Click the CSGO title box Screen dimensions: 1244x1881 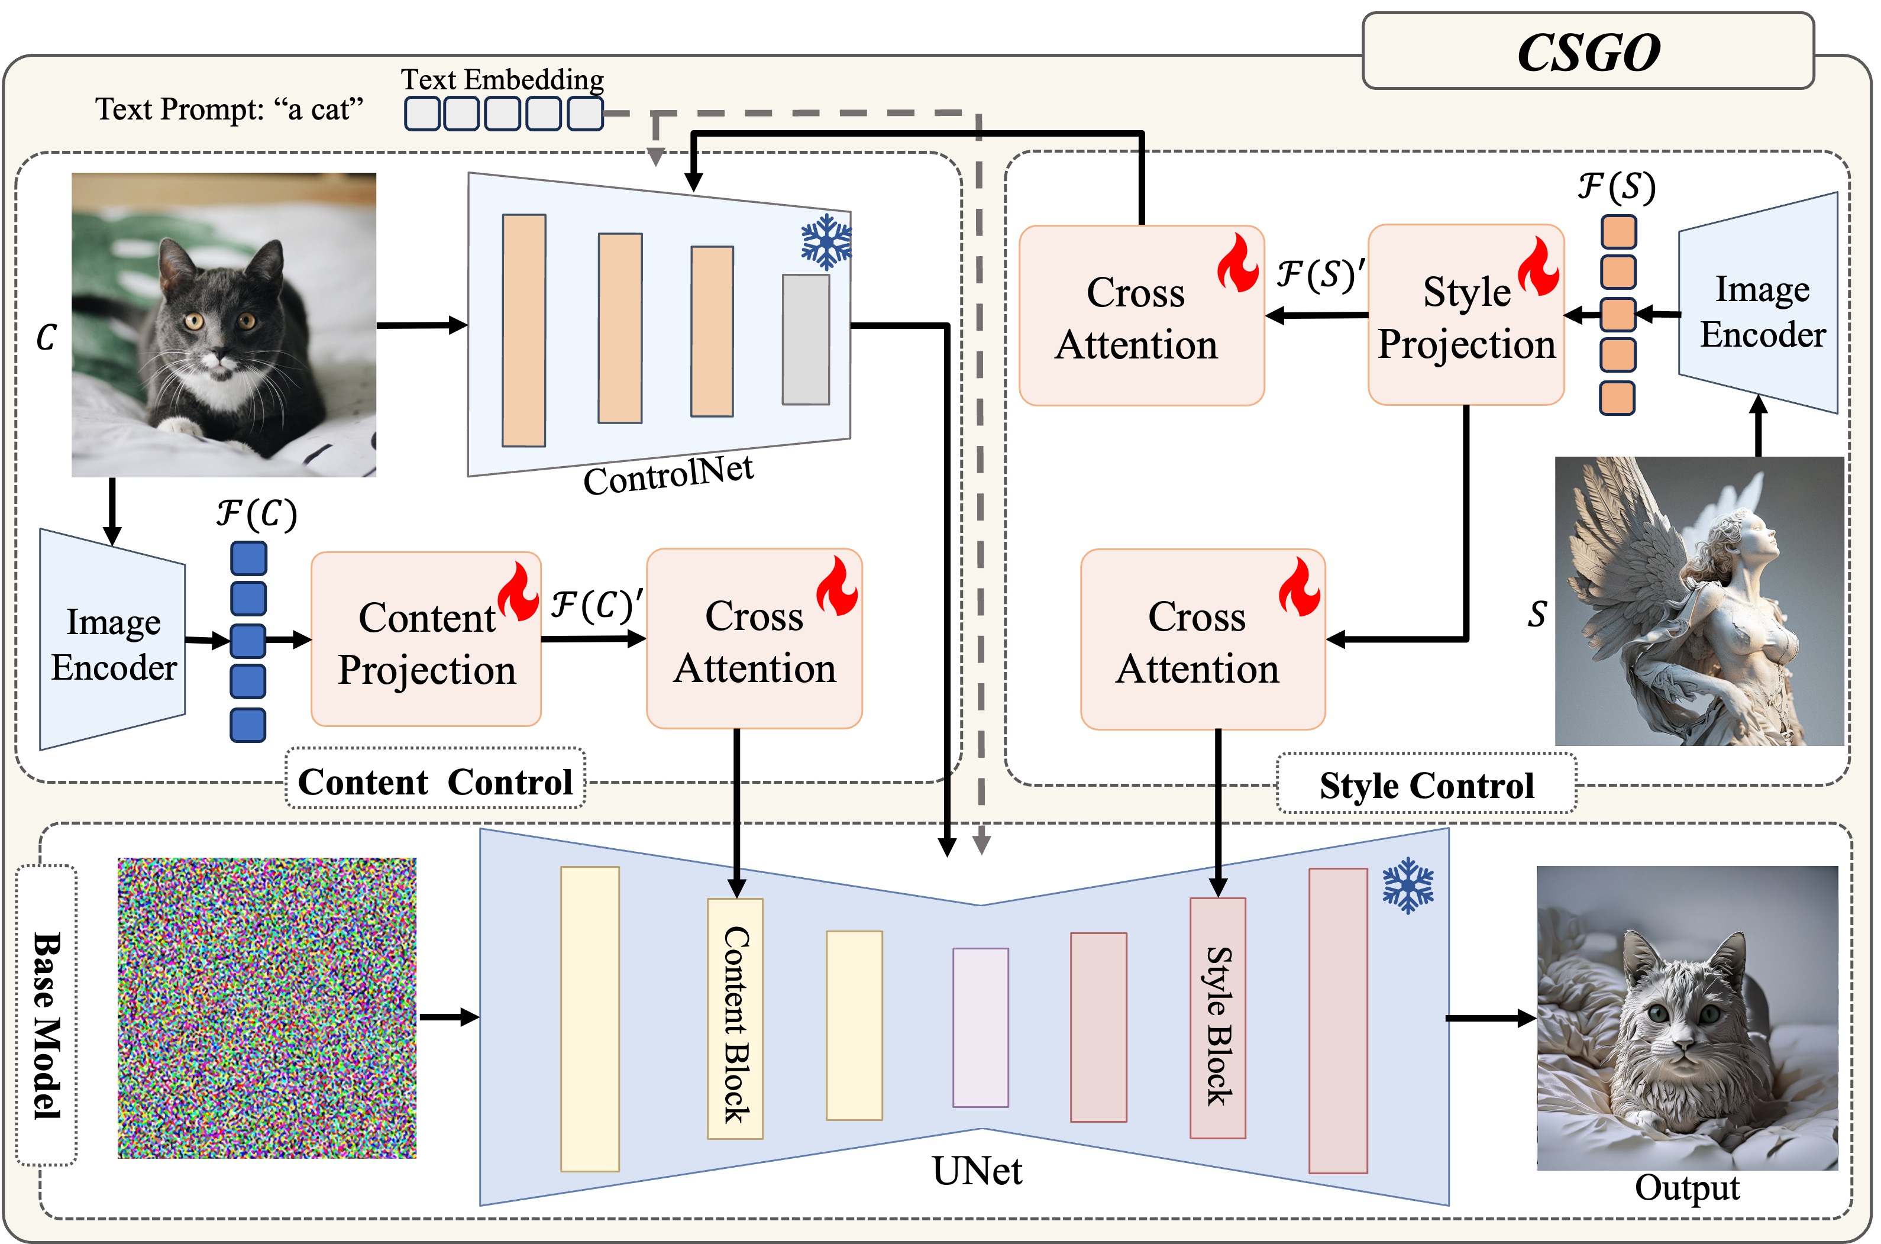(1588, 51)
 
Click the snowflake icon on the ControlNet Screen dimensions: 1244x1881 (826, 241)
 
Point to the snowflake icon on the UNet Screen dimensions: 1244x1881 (1408, 886)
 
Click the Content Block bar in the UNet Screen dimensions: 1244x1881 (735, 1019)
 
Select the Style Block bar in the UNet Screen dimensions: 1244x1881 (1218, 1019)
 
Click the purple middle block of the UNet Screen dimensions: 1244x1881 (981, 1027)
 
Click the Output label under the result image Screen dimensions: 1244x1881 (1686, 1188)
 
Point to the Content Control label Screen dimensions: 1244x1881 (435, 781)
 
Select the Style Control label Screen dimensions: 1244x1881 (1426, 786)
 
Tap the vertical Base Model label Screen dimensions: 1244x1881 (47, 1023)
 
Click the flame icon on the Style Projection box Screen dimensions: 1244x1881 (1539, 267)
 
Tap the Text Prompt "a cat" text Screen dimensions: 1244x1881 (230, 109)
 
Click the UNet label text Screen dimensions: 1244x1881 (977, 1171)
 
